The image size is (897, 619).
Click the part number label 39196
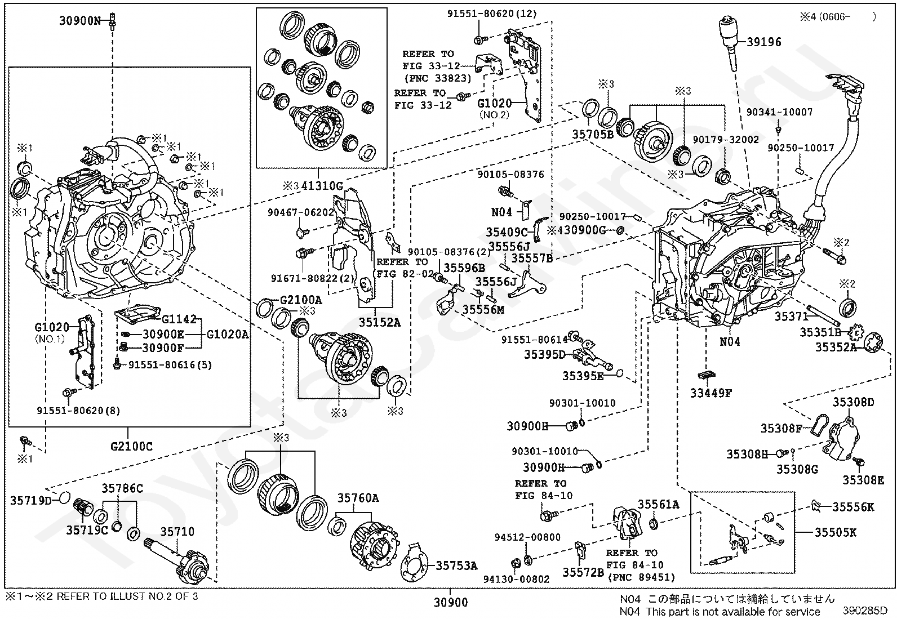click(x=765, y=42)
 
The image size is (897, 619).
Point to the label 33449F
click(x=711, y=393)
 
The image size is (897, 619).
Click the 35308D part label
click(x=853, y=402)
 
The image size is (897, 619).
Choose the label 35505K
click(x=835, y=532)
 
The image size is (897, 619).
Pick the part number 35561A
click(x=658, y=504)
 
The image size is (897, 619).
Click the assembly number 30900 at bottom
click(x=450, y=603)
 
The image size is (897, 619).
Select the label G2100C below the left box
click(x=131, y=447)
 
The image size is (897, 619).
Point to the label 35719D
click(x=30, y=500)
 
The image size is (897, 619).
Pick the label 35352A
click(x=836, y=348)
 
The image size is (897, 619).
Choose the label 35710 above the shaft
click(x=177, y=532)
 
